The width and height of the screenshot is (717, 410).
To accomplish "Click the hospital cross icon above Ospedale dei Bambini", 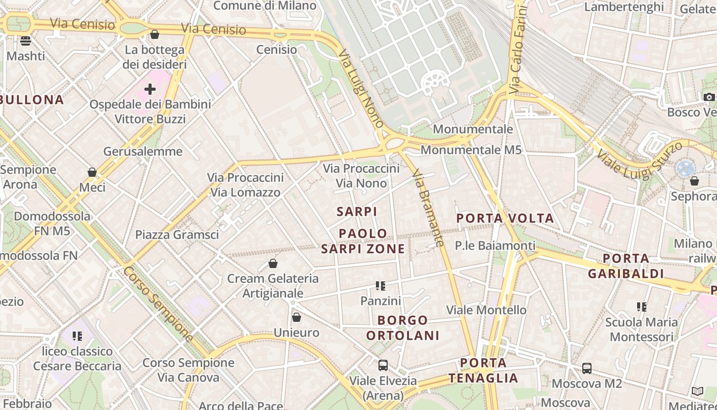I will (150, 89).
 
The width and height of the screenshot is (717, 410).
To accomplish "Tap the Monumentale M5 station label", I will (471, 150).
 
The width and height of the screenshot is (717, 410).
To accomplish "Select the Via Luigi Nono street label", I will (361, 88).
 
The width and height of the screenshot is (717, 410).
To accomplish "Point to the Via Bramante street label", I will (428, 208).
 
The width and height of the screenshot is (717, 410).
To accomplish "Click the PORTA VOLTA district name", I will (505, 218).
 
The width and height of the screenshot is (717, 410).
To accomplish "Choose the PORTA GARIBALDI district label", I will (626, 266).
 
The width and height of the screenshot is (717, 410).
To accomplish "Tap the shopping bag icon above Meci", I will (92, 172).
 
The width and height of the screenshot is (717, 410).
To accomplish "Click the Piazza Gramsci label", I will (177, 235).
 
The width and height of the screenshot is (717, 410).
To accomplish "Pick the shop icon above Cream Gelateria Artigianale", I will (273, 263).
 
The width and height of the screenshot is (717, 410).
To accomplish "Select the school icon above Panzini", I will (380, 285).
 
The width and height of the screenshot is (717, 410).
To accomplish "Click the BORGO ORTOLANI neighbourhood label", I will (409, 328).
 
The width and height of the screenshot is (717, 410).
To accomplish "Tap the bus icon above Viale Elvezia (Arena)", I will (383, 365).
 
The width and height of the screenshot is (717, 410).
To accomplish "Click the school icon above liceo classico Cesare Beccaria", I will (77, 336).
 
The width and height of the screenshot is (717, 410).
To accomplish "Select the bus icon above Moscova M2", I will (586, 368).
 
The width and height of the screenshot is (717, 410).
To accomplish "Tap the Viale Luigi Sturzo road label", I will (639, 160).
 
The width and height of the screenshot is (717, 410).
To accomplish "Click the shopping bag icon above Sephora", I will (694, 181).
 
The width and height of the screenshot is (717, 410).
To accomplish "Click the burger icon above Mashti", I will (26, 40).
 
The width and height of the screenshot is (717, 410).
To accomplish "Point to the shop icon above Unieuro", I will (296, 318).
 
